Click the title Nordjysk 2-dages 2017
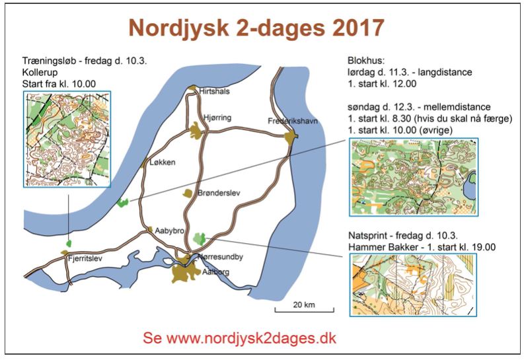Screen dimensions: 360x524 256,28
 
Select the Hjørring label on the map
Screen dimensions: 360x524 217,117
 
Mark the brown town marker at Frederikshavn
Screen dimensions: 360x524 290,136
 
